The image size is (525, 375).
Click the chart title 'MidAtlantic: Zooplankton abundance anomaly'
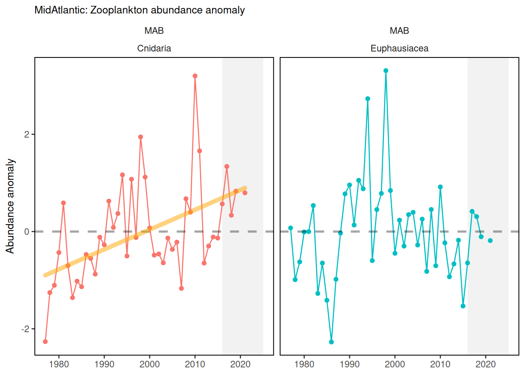(x=139, y=10)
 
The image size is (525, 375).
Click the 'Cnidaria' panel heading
(x=154, y=48)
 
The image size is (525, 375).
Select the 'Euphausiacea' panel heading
(x=399, y=48)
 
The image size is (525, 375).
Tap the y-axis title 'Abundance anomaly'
(x=10, y=206)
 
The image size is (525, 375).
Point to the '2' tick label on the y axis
(x=27, y=134)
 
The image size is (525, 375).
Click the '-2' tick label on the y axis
(x=25, y=329)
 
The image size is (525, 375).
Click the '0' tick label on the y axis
(x=27, y=232)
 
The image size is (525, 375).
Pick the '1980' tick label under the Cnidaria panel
(x=59, y=364)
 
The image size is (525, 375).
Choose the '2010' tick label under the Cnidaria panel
(x=195, y=364)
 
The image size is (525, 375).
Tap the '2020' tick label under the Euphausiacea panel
(x=486, y=364)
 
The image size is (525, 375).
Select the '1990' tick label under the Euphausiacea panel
(x=349, y=364)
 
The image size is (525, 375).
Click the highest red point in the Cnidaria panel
(x=195, y=76)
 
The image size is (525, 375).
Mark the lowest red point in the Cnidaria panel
(x=45, y=342)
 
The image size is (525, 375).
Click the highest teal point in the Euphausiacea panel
(x=386, y=71)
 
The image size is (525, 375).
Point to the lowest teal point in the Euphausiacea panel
(x=331, y=342)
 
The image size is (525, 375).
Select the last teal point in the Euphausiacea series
(x=490, y=241)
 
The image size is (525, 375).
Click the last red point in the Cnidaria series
(x=245, y=193)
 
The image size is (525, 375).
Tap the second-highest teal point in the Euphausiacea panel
(x=368, y=99)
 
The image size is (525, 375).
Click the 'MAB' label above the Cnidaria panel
(x=154, y=31)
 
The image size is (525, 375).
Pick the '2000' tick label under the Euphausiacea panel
(x=395, y=364)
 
